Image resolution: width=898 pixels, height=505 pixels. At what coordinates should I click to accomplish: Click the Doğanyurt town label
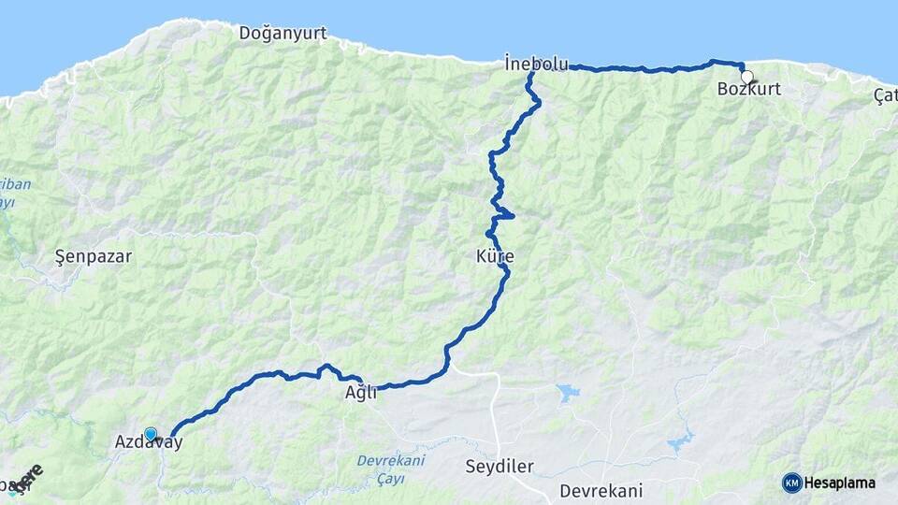click(x=282, y=34)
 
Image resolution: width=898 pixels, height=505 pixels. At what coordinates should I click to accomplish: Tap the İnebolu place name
click(x=536, y=65)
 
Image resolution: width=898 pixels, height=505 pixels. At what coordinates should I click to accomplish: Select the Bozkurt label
click(x=748, y=90)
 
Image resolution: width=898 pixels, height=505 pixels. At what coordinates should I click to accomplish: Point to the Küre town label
click(x=495, y=255)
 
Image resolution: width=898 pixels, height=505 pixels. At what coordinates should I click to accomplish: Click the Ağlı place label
click(x=361, y=394)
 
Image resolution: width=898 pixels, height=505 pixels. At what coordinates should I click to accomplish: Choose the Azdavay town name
click(x=149, y=442)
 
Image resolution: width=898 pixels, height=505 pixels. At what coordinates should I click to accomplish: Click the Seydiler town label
click(x=500, y=466)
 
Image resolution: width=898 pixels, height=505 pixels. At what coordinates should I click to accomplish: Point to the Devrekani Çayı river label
click(x=391, y=469)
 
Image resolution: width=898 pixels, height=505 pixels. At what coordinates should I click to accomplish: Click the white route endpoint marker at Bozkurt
click(x=746, y=77)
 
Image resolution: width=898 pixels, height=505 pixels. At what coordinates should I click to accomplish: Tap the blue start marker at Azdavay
click(x=151, y=433)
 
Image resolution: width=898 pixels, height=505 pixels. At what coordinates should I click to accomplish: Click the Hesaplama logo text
click(x=840, y=483)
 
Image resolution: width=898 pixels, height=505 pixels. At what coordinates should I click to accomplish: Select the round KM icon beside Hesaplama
click(x=792, y=483)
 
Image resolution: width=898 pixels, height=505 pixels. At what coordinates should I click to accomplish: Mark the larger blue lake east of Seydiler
click(x=567, y=392)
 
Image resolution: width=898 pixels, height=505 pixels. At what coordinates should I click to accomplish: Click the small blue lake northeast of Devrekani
click(x=680, y=441)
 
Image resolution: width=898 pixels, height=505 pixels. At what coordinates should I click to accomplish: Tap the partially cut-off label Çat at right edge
click(x=885, y=95)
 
